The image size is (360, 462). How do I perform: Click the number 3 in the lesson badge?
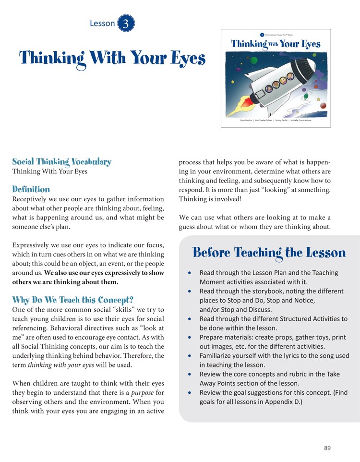(x=126, y=24)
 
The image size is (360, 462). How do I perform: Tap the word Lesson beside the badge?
(x=102, y=24)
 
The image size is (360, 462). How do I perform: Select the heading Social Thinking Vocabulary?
(x=61, y=161)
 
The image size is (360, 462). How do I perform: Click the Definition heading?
(x=31, y=189)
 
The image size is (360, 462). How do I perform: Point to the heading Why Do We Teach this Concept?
(x=72, y=300)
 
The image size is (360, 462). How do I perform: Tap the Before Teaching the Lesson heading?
(x=269, y=253)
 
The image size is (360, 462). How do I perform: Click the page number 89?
(x=327, y=448)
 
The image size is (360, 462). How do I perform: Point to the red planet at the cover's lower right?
(x=323, y=106)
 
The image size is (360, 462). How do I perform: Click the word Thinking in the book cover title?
(x=249, y=44)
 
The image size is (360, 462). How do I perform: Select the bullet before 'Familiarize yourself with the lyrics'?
(x=191, y=356)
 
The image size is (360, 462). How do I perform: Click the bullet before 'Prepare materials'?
(x=191, y=338)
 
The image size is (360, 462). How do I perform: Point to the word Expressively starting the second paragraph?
(x=34, y=245)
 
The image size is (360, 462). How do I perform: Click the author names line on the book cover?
(x=276, y=121)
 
